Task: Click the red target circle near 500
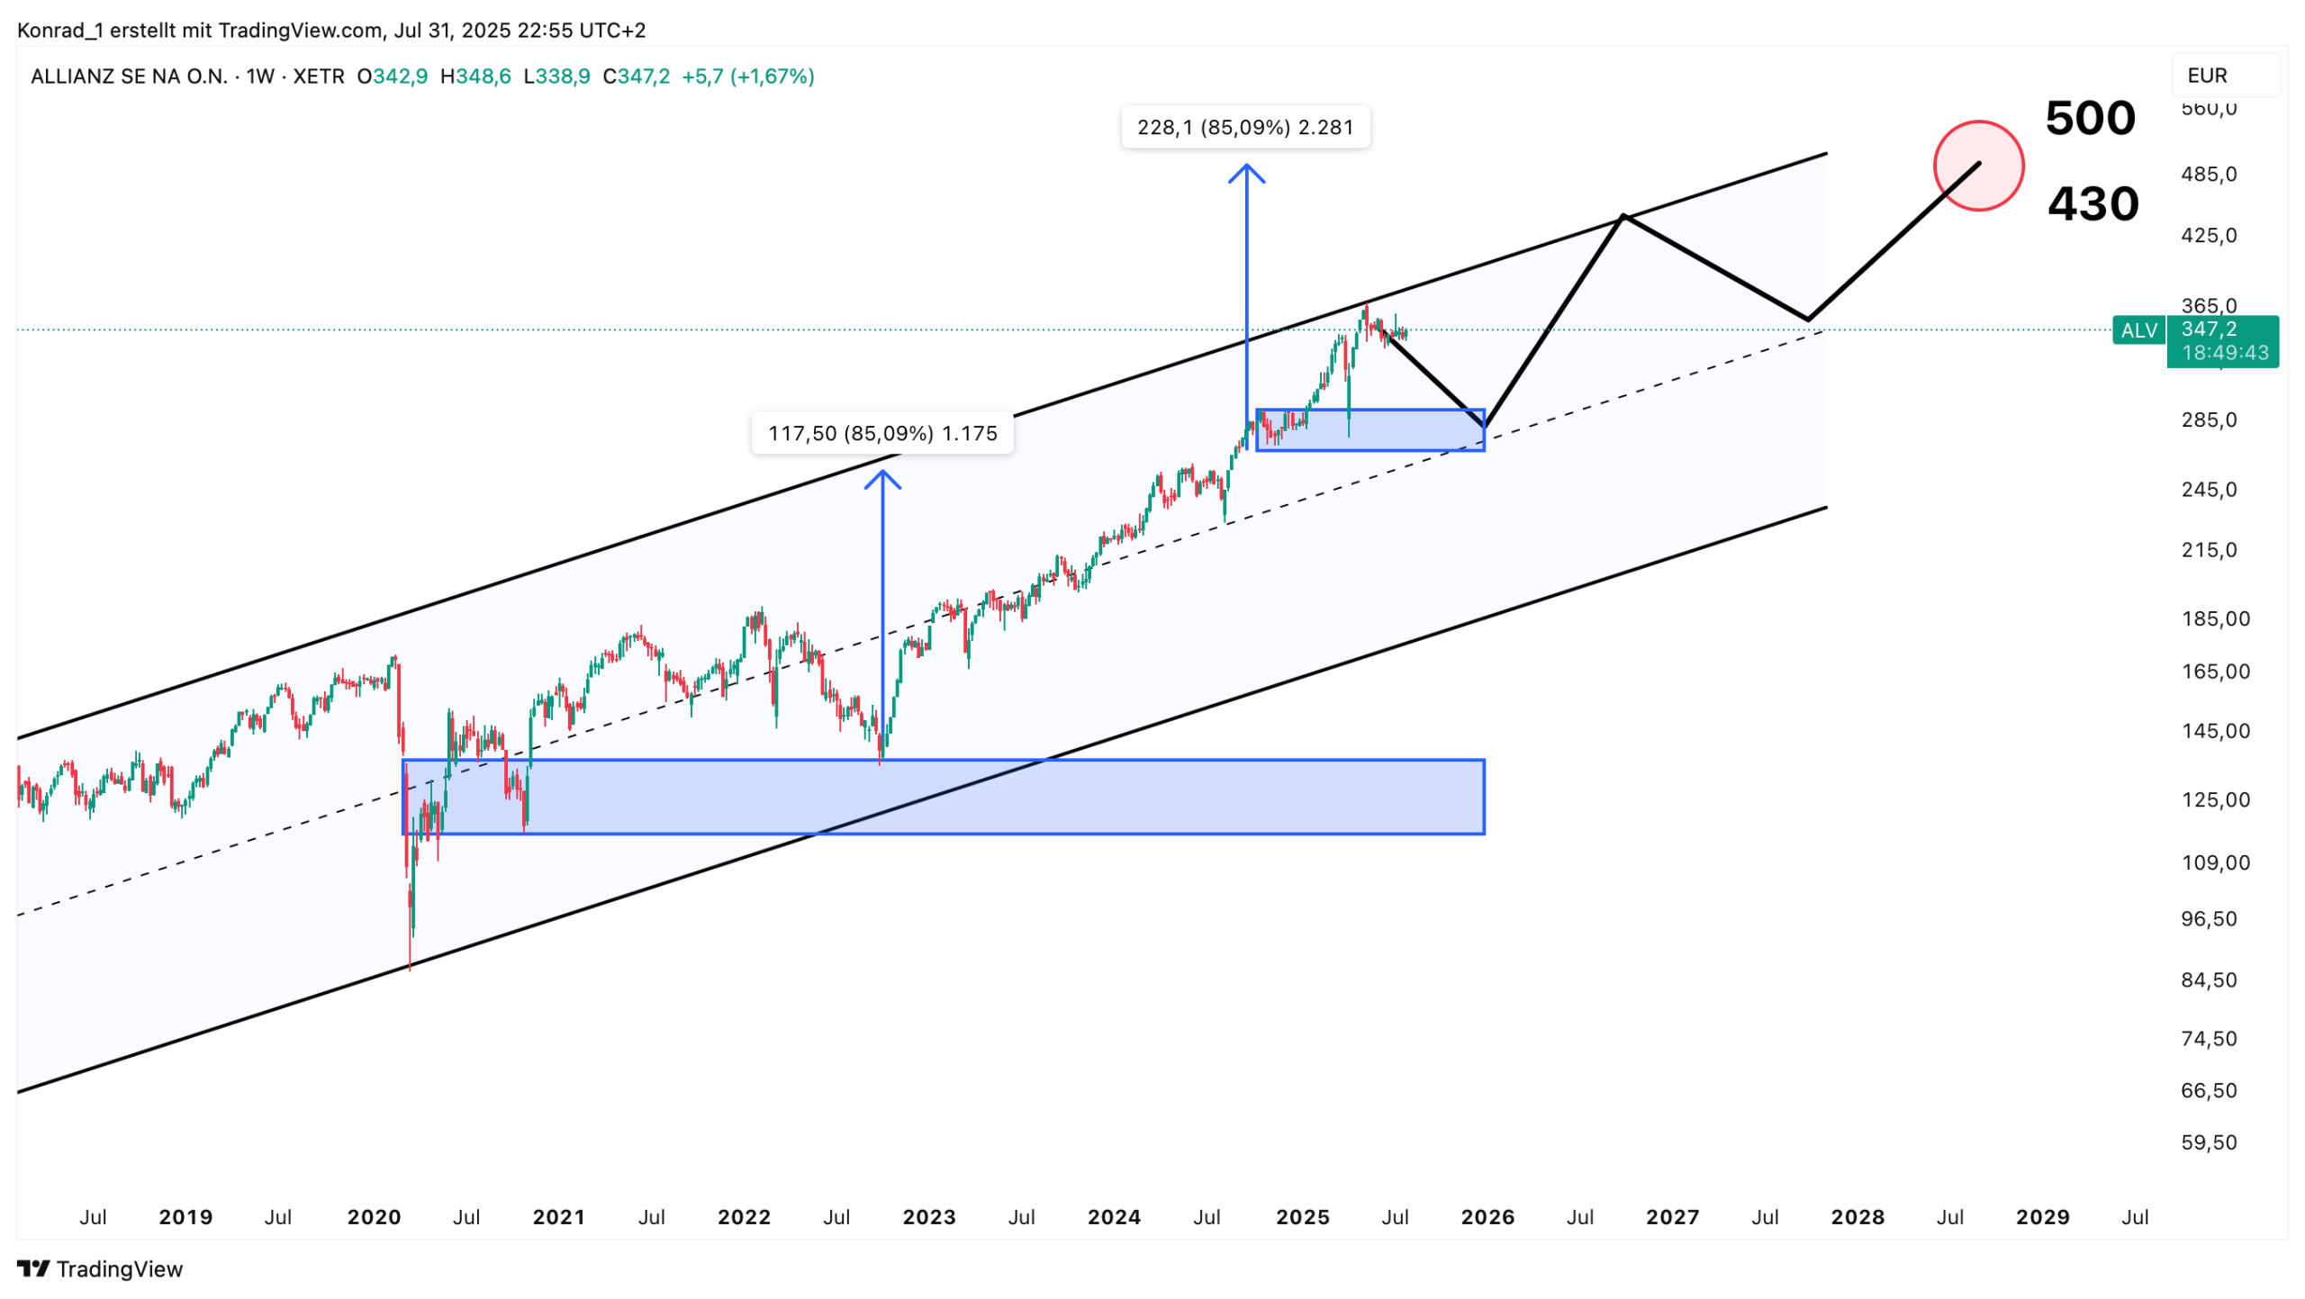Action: [1977, 166]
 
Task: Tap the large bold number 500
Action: [2089, 118]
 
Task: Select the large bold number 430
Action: [2092, 203]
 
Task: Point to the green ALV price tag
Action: [2138, 330]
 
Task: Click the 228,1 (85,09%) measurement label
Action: [1244, 127]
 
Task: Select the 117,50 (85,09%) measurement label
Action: [881, 433]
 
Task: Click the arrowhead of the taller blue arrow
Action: [1246, 171]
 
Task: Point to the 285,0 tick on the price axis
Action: [2208, 419]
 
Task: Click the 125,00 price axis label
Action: [2214, 799]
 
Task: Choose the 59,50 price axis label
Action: [2208, 1141]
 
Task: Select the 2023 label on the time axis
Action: [928, 1216]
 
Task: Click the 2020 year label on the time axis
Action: [374, 1216]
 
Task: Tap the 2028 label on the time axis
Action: [1857, 1216]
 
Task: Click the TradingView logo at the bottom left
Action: [100, 1268]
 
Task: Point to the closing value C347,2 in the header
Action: [636, 77]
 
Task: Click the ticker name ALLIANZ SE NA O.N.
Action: [129, 77]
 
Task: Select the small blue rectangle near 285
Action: [1369, 430]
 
